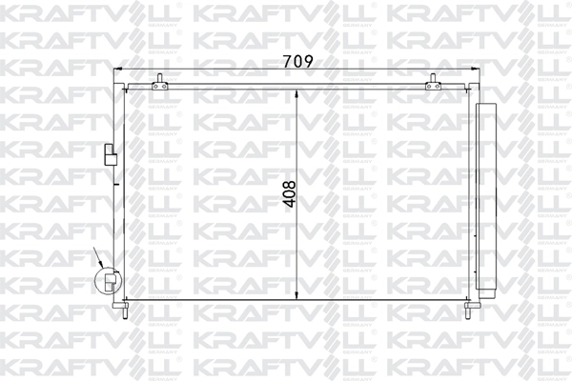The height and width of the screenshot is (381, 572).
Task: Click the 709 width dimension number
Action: (298, 61)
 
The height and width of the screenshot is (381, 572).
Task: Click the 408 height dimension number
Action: (291, 194)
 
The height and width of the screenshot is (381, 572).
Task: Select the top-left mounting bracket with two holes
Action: (160, 86)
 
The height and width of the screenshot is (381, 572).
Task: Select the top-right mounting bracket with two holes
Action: (433, 86)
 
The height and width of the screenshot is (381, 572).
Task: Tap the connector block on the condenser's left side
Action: (111, 154)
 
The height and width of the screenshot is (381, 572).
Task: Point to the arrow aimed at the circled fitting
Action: (98, 258)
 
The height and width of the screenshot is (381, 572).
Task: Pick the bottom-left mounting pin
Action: (124, 311)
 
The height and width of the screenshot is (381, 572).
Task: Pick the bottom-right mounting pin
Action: (468, 311)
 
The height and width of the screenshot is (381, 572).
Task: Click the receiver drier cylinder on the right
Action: (486, 197)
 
